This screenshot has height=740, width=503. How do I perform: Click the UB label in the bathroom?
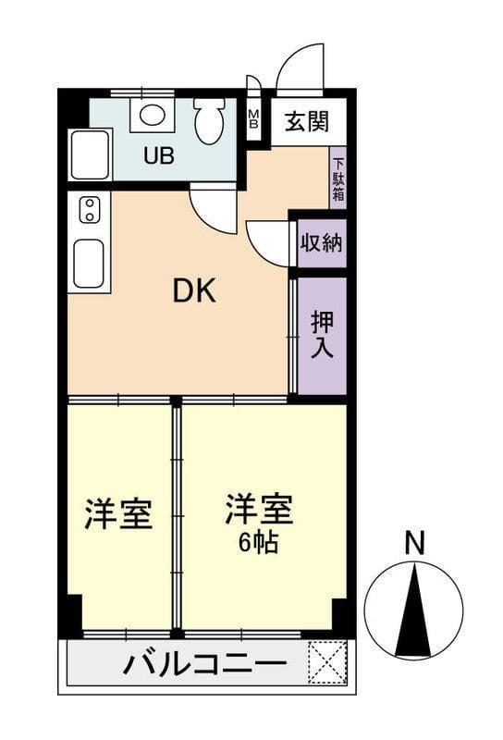[159, 155]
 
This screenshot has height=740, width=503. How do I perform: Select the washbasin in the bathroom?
[153, 114]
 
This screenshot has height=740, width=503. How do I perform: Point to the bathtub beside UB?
[90, 154]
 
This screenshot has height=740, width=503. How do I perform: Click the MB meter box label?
[254, 118]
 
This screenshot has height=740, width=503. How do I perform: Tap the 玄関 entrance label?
[307, 122]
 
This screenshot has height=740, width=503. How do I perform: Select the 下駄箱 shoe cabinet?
[338, 179]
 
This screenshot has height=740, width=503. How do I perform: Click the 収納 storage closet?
[322, 243]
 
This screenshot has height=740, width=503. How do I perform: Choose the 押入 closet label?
[323, 335]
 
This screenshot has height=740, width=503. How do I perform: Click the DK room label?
[194, 290]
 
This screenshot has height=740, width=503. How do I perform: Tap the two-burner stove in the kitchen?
[89, 210]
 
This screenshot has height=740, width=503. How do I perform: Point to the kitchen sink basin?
[89, 263]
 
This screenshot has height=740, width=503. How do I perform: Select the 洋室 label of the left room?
[118, 513]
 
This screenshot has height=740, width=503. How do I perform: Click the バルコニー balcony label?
[204, 665]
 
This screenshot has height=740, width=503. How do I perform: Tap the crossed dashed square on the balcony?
[326, 662]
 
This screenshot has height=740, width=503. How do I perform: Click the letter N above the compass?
[415, 543]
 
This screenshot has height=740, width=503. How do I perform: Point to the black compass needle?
[413, 610]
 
